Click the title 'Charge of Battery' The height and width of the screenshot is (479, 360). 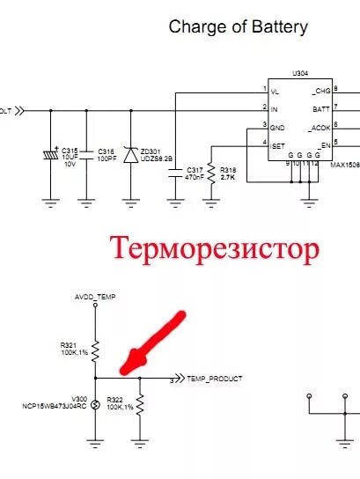[238, 27]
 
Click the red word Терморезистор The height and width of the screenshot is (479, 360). [214, 250]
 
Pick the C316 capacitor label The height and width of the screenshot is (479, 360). [106, 151]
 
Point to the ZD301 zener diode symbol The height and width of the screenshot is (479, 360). [133, 155]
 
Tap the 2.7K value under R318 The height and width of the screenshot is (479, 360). [228, 177]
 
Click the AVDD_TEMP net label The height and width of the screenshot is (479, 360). [95, 298]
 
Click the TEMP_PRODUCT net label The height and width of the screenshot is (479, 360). [214, 378]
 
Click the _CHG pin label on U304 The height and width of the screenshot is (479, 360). [320, 91]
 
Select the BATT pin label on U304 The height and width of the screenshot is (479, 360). [321, 109]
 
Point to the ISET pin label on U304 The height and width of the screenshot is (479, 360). [278, 145]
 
